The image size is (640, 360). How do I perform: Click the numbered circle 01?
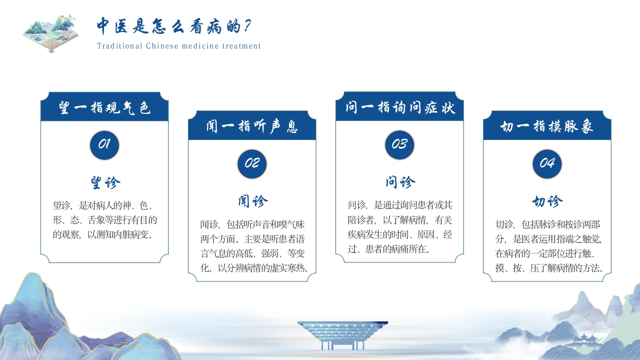point(104,145)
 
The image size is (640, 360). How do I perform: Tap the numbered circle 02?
point(252,164)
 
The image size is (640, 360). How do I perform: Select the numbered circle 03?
point(399,145)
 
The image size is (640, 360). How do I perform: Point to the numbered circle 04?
point(547,164)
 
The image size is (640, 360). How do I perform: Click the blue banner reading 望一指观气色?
point(104,106)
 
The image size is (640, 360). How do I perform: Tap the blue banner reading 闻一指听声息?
point(252,125)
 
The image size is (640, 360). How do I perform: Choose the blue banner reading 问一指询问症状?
point(399,106)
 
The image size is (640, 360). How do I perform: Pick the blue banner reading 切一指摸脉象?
point(547,125)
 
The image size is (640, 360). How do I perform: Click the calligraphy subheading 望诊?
point(105,182)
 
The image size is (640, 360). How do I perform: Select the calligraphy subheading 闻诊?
point(253,201)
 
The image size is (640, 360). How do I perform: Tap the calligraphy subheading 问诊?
point(400,182)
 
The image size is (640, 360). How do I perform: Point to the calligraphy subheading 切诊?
point(547,201)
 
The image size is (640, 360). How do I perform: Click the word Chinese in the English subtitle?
point(162,46)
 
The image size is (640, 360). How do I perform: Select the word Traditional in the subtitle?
point(119,46)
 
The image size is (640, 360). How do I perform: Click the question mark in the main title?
point(247,25)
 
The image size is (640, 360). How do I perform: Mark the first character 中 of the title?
point(103,25)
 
